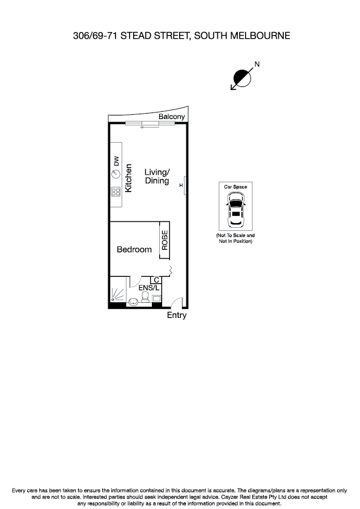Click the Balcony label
coord(171,117)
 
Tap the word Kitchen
coord(128,179)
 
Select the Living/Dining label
coord(157,177)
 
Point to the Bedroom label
coord(134,249)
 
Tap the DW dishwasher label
coord(117,161)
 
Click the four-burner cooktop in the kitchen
coord(116,193)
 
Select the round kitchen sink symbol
coord(116,174)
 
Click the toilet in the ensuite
coord(145,297)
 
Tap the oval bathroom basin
coord(134,302)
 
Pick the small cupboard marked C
coord(156,280)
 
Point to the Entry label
coord(177,315)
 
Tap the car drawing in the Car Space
coord(235,212)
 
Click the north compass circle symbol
coord(242,77)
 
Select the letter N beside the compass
coord(257,63)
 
